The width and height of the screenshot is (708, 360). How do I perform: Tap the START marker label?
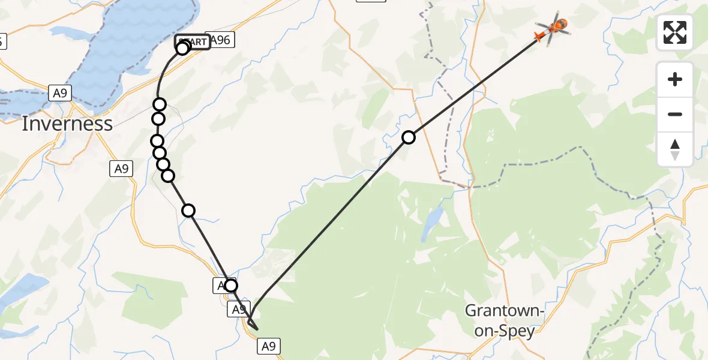coord(193,42)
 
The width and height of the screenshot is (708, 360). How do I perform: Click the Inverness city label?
coord(67,124)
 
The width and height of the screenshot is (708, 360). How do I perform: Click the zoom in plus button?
coord(675,79)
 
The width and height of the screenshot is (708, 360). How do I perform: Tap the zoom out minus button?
coord(675,114)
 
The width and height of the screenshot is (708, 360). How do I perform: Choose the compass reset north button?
coord(675,149)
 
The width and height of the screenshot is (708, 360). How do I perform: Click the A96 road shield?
coord(220,40)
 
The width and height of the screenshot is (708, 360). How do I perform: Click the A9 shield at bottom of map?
coord(269,346)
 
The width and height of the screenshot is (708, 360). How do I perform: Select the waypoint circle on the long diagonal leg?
coord(409,137)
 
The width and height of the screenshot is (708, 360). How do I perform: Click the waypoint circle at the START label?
coord(182,48)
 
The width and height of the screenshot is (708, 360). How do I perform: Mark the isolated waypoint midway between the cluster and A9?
coord(188,210)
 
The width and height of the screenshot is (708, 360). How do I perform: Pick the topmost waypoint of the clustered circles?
coord(159,104)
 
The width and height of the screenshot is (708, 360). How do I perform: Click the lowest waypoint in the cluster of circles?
coord(168,175)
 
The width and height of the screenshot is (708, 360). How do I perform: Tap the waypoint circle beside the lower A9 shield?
coord(231,286)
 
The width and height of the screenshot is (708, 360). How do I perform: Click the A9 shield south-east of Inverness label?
coord(121,169)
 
